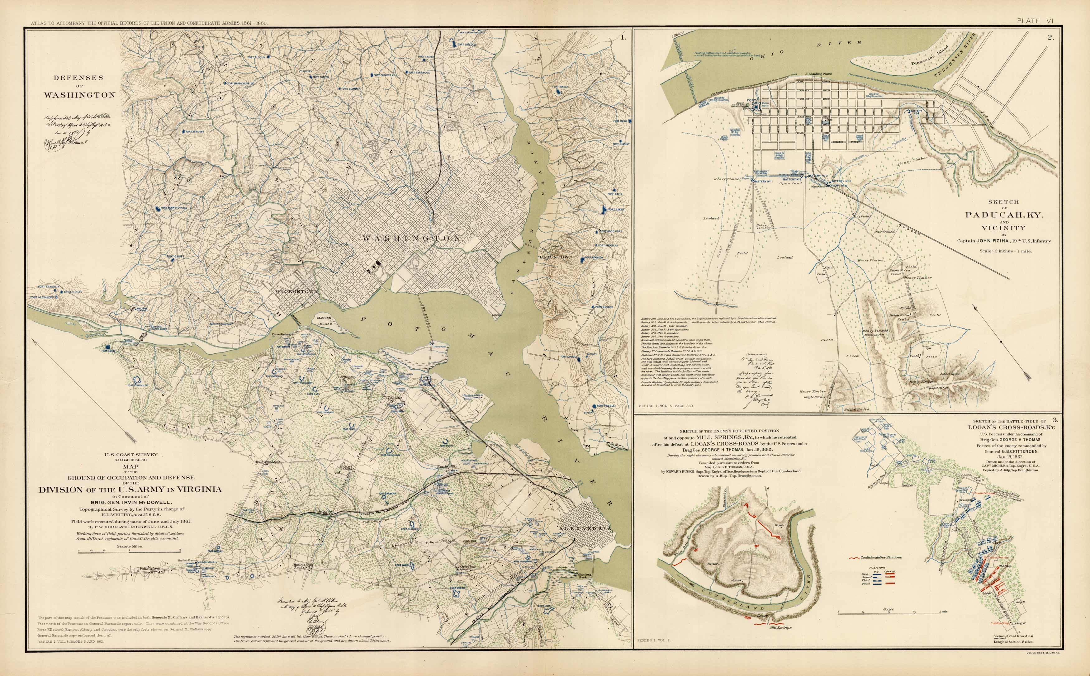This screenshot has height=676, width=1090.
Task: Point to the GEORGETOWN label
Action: tap(296, 291)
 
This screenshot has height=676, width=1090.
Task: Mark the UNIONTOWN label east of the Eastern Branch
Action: tap(556, 258)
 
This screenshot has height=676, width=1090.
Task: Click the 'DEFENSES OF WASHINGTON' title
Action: tap(79, 86)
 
